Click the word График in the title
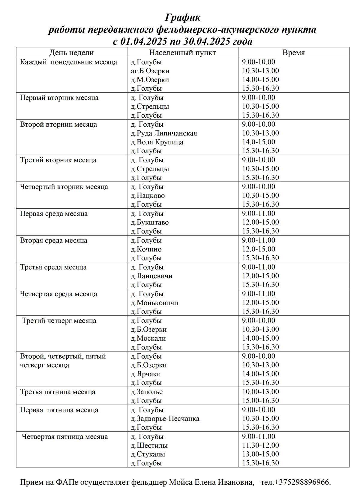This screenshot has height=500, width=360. tap(183, 18)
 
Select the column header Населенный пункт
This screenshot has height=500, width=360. tap(182, 53)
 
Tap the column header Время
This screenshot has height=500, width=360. tap(293, 53)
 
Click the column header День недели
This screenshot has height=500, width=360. tap(71, 53)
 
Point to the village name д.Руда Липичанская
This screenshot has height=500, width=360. tap(164, 133)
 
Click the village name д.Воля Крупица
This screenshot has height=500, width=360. tap(157, 142)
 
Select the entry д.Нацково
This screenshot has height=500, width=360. tap(148, 196)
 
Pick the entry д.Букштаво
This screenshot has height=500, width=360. tap(150, 222)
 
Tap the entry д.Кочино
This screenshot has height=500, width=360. tap(146, 249)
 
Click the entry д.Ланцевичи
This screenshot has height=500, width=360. tap(151, 276)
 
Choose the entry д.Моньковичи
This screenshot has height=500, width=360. tap(154, 303)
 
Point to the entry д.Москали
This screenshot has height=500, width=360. tap(148, 338)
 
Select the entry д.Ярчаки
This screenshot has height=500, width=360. tap(146, 374)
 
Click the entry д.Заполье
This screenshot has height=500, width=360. tap(147, 392)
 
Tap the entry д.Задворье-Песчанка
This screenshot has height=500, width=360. tap(165, 418)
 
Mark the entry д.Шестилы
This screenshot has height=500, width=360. tap(149, 445)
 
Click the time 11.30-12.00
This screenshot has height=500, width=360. tap(260, 445)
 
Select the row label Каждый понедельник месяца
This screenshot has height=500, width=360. tap(68, 62)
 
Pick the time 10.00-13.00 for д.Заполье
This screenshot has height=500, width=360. tap(260, 392)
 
